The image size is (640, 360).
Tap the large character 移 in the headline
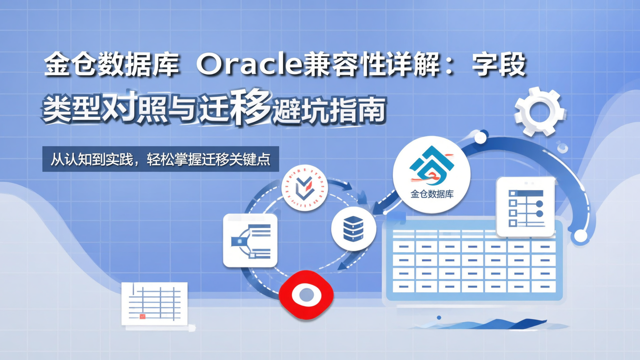tap(250, 108)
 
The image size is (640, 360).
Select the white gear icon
tap(540, 111)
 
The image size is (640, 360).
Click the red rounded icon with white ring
tap(306, 294)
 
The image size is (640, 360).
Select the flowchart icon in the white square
tap(250, 240)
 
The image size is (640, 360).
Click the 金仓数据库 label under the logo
tap(432, 194)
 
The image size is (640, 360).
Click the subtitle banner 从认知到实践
tap(160, 159)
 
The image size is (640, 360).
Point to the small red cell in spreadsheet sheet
tap(142, 316)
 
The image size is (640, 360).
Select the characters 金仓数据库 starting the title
tap(111, 65)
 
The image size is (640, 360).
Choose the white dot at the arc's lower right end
tap(580, 236)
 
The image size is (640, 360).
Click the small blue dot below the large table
tap(439, 318)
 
